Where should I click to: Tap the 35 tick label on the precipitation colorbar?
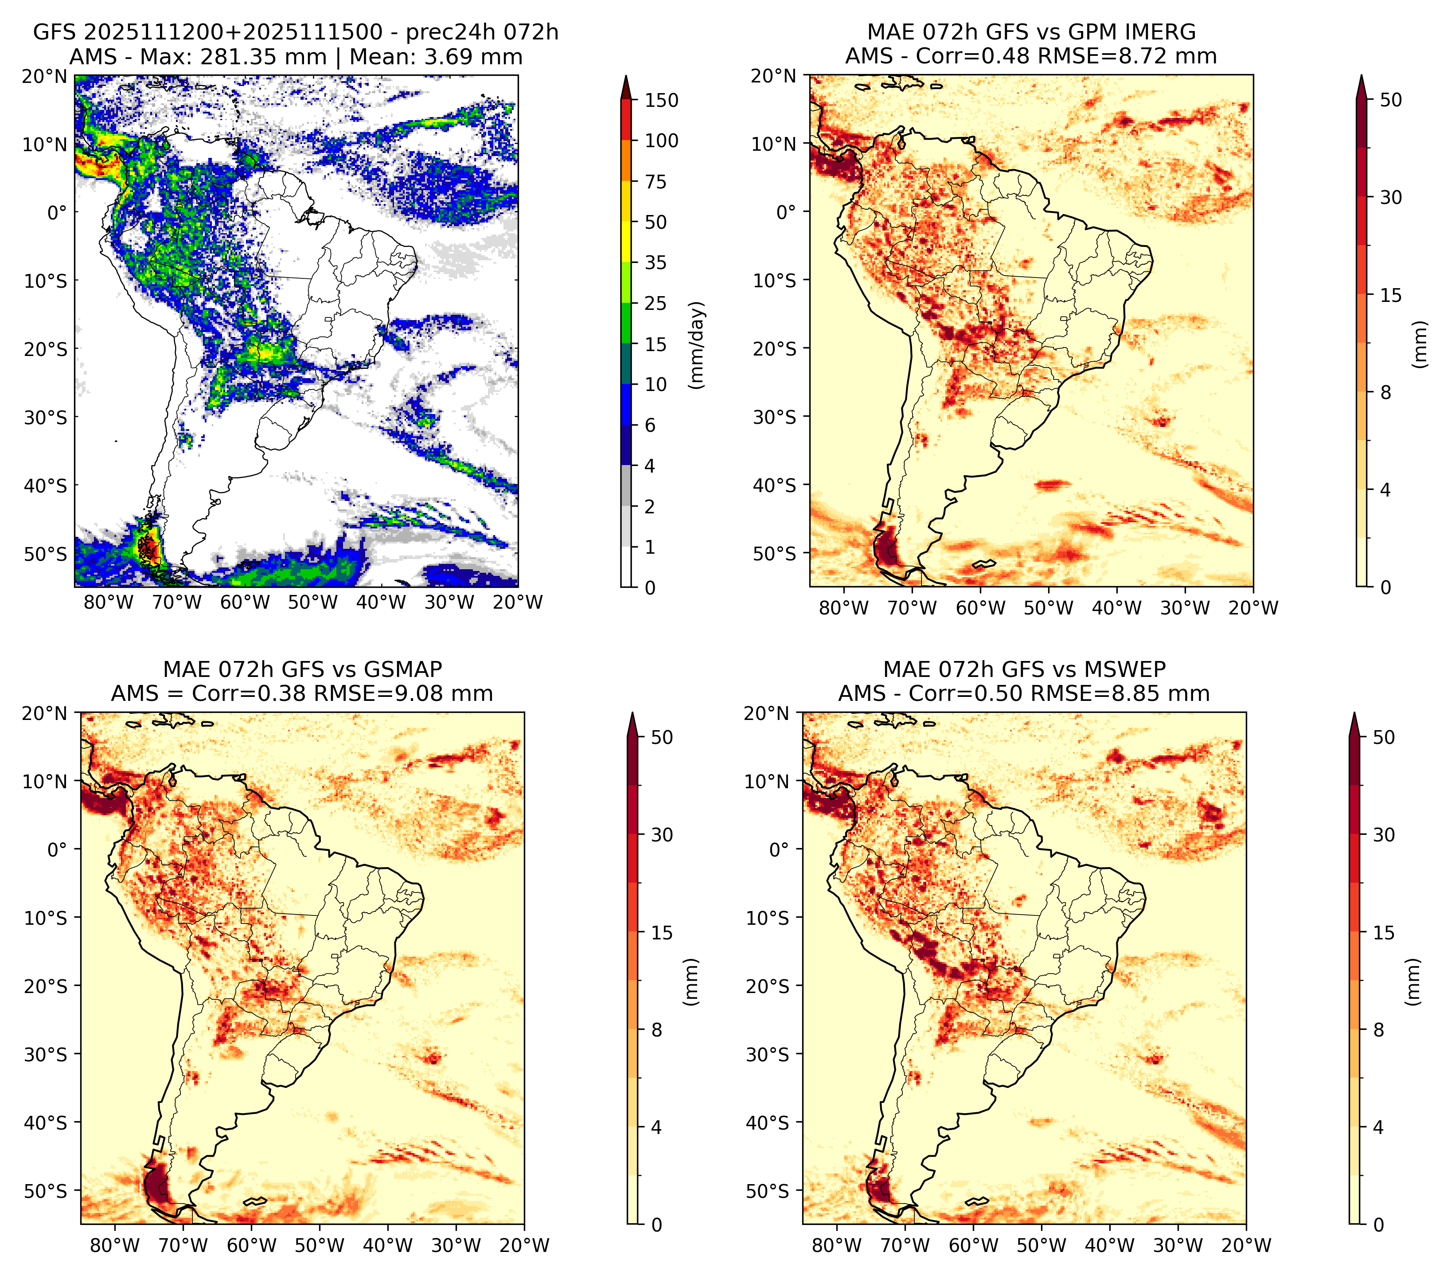[x=655, y=262]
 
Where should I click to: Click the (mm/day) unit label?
[x=698, y=345]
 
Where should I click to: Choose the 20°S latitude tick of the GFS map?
[x=46, y=349]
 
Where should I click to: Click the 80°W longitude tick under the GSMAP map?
[x=115, y=1245]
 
